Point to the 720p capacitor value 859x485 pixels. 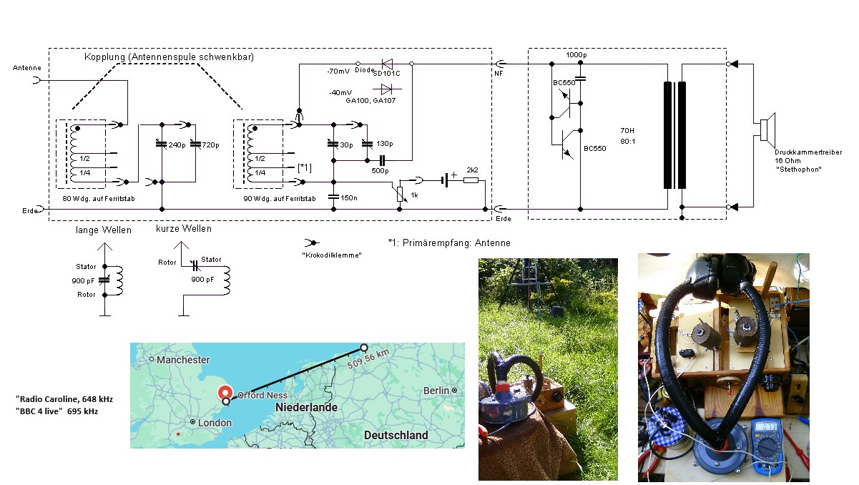tap(210, 145)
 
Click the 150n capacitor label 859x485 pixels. tap(349, 197)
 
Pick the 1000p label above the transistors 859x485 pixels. tap(577, 55)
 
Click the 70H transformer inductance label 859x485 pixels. tap(628, 132)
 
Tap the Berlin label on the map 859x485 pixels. tap(436, 391)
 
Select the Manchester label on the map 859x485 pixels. tap(183, 360)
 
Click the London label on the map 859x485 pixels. tap(215, 423)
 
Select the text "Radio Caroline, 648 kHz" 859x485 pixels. tap(64, 398)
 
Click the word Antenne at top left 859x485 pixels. tap(27, 67)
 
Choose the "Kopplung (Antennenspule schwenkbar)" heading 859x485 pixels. tap(169, 57)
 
